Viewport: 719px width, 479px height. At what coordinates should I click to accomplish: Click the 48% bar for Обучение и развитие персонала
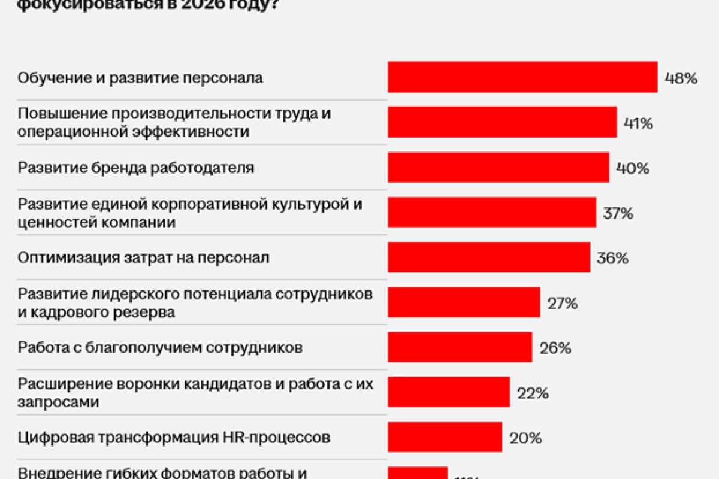522,77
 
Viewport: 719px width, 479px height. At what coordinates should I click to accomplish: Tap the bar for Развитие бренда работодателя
499,167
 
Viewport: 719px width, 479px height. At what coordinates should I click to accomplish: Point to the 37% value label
618,213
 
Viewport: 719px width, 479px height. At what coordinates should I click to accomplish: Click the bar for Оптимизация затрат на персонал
489,257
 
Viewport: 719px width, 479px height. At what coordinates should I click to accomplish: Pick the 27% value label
562,303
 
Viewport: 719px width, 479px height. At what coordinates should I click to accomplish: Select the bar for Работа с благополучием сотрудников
460,347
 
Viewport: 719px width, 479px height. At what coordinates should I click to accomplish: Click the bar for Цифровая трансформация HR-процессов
445,437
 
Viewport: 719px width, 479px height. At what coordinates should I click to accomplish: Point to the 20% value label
525,438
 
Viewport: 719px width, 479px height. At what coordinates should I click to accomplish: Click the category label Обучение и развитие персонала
140,78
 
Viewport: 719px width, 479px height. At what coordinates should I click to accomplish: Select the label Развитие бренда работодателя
136,168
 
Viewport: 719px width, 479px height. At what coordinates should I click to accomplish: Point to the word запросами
58,402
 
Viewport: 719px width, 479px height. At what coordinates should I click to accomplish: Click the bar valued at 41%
502,122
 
